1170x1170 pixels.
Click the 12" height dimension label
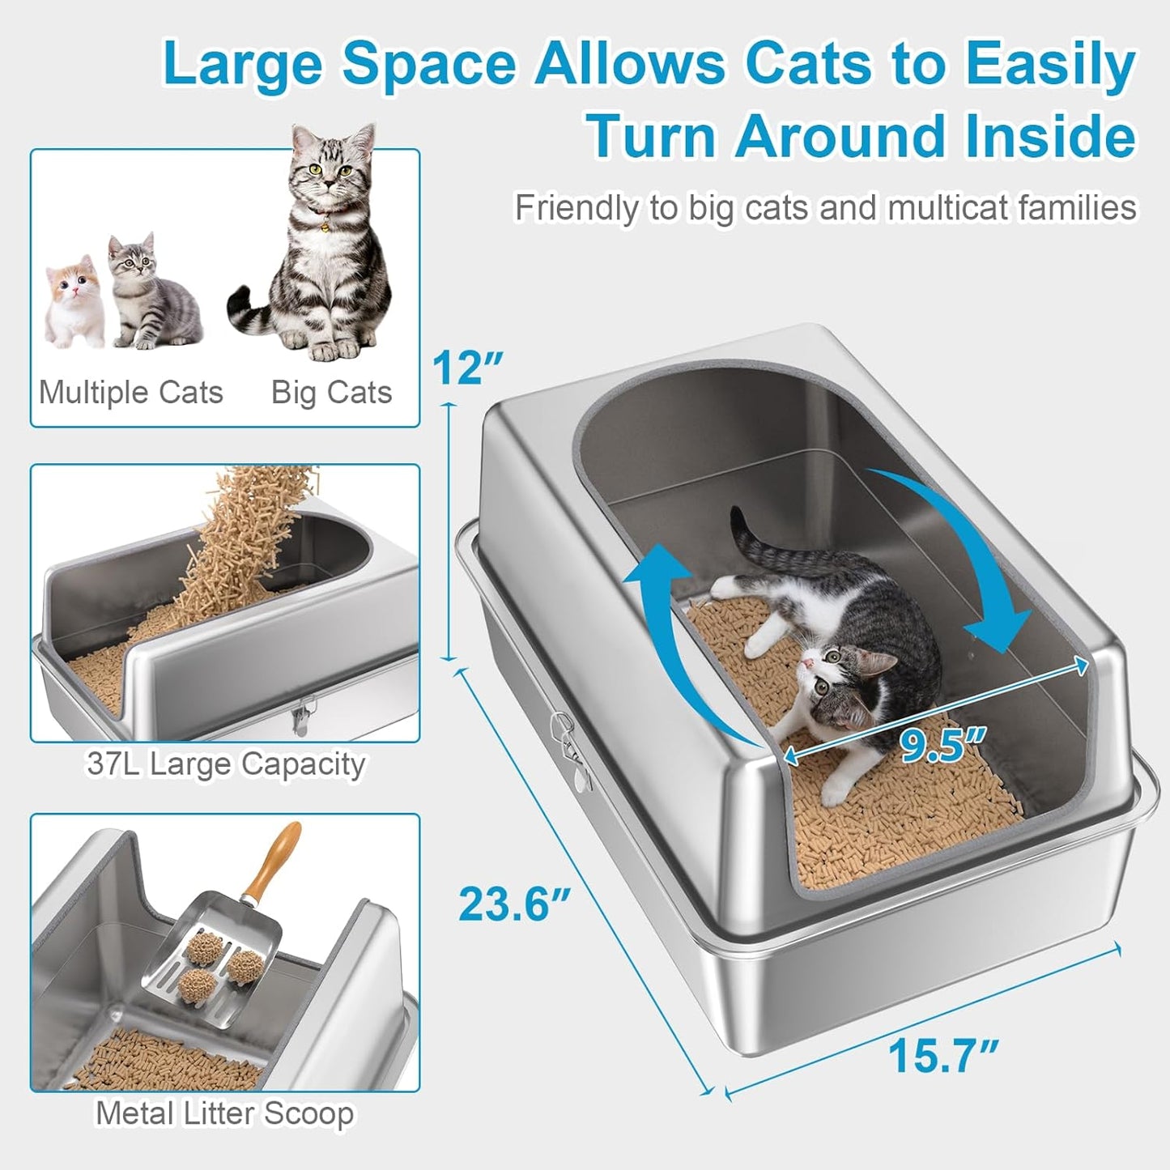pos(467,368)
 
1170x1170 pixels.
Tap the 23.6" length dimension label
pos(515,904)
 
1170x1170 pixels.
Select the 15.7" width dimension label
pos(943,1055)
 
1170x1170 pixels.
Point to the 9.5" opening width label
pos(943,745)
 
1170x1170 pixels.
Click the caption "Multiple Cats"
pos(131,393)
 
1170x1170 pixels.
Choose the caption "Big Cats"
pos(331,393)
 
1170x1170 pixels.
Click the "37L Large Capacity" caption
pos(226,764)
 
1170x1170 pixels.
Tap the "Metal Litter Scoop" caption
pos(225,1113)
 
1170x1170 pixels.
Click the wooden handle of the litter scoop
pos(275,862)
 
